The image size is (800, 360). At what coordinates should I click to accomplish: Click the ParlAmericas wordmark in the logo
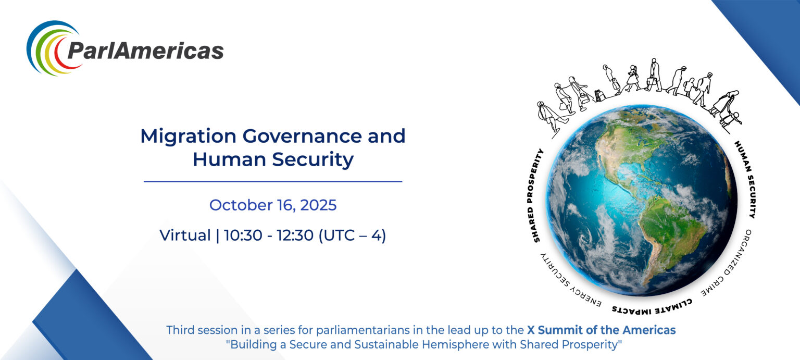tap(145, 51)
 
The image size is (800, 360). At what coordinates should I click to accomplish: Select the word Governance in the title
tap(302, 136)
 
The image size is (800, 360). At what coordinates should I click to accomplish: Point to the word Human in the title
tap(230, 159)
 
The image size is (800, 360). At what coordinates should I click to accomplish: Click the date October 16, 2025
tap(273, 205)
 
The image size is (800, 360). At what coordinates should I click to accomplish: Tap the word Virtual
tap(185, 235)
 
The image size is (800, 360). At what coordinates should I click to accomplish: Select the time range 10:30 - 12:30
tap(269, 235)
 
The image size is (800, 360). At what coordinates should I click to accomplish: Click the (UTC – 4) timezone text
tap(352, 235)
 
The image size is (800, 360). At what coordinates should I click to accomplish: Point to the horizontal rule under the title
tap(273, 181)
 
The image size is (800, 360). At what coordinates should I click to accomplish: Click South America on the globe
tap(668, 232)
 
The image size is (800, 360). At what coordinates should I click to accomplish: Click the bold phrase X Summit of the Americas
tap(602, 330)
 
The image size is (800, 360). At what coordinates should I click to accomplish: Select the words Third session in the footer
tap(198, 330)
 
